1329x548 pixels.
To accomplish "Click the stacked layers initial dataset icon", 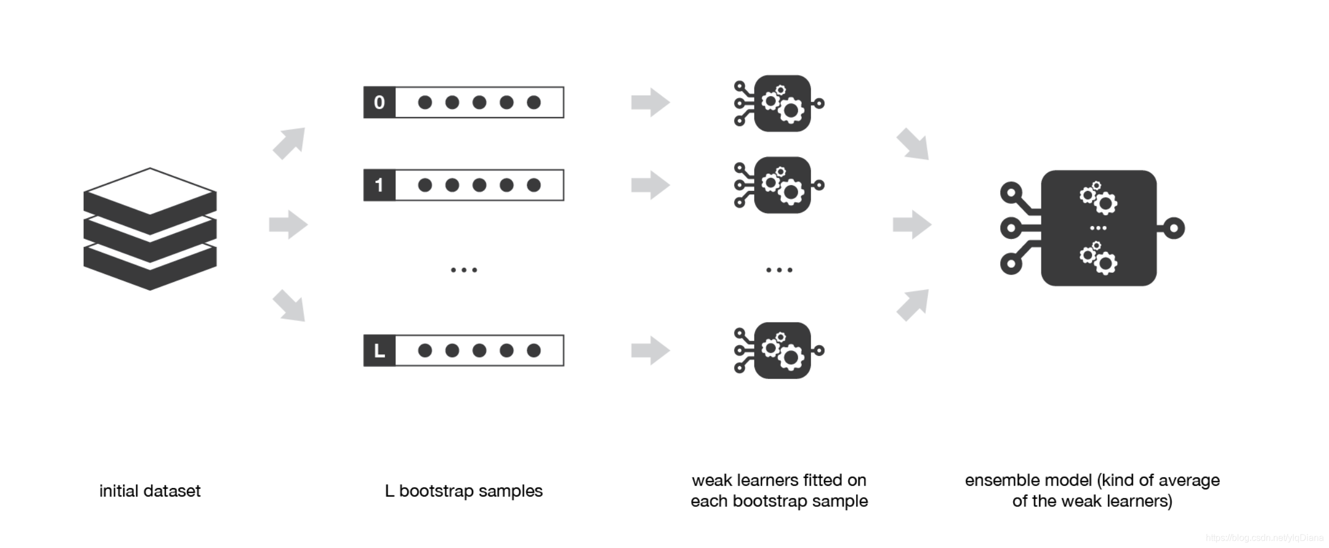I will (150, 229).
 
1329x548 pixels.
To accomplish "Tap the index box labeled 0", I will (379, 102).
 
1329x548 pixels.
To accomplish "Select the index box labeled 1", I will (379, 185).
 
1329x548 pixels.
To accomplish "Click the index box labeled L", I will (379, 351).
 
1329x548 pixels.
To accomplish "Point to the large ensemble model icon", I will (1098, 228).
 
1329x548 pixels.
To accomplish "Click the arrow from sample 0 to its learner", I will (650, 102).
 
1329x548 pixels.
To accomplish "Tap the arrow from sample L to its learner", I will (650, 351).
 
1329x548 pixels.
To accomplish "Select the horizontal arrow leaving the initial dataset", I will (288, 224).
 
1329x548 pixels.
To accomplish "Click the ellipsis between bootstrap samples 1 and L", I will (464, 270).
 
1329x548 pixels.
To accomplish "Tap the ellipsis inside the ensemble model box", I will (1098, 228).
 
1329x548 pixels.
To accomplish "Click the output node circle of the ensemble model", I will (1174, 228).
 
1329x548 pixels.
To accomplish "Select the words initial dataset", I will (150, 491).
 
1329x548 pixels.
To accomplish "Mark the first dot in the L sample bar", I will (425, 351).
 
